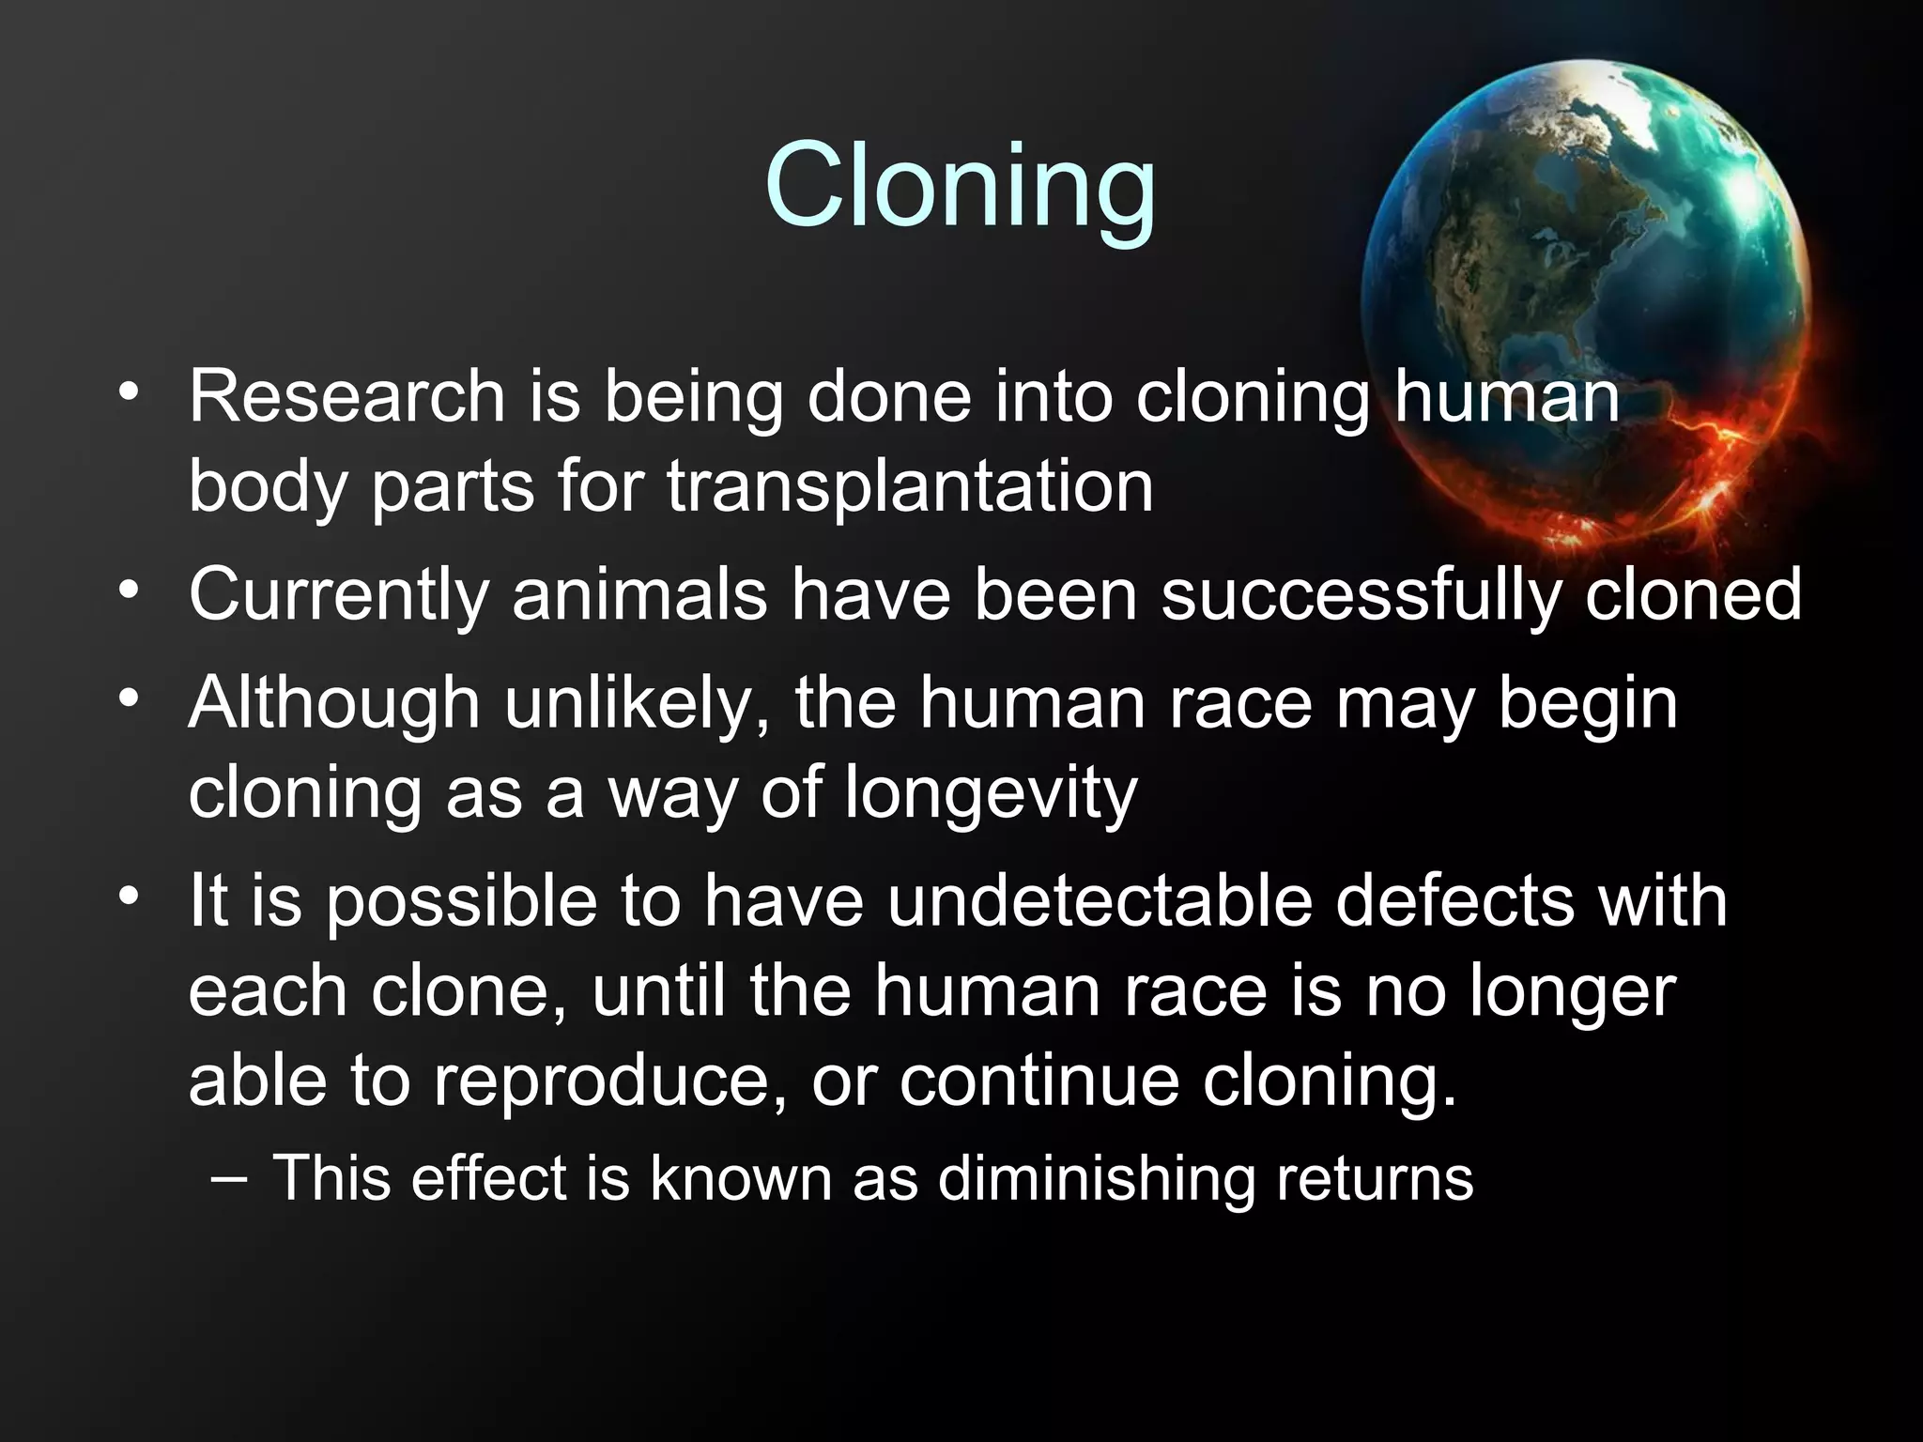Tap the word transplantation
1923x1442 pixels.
point(909,486)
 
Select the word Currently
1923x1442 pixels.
point(339,595)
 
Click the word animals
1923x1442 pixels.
point(639,595)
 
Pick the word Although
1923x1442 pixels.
point(334,702)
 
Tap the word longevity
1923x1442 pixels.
point(991,793)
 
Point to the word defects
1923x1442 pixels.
point(1454,901)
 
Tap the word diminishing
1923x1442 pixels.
point(1096,1178)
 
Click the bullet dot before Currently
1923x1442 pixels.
point(130,590)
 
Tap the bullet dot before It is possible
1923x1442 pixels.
point(130,895)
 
